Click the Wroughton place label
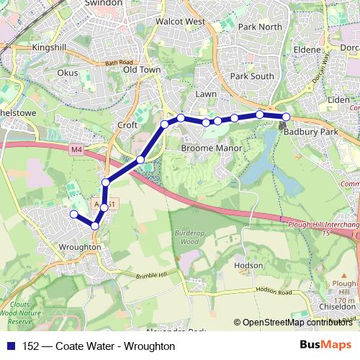pyautogui.click(x=80, y=246)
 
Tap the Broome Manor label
pyautogui.click(x=208, y=148)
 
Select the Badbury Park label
pyautogui.click(x=310, y=132)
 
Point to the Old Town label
pyautogui.click(x=141, y=70)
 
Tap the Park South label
pyautogui.click(x=252, y=76)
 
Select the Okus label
pyautogui.click(x=68, y=73)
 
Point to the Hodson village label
pyautogui.click(x=248, y=266)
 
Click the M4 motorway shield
pyautogui.click(x=77, y=149)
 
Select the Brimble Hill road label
pyautogui.click(x=150, y=276)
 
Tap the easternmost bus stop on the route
pyautogui.click(x=286, y=117)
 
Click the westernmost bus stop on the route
pyautogui.click(x=73, y=214)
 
